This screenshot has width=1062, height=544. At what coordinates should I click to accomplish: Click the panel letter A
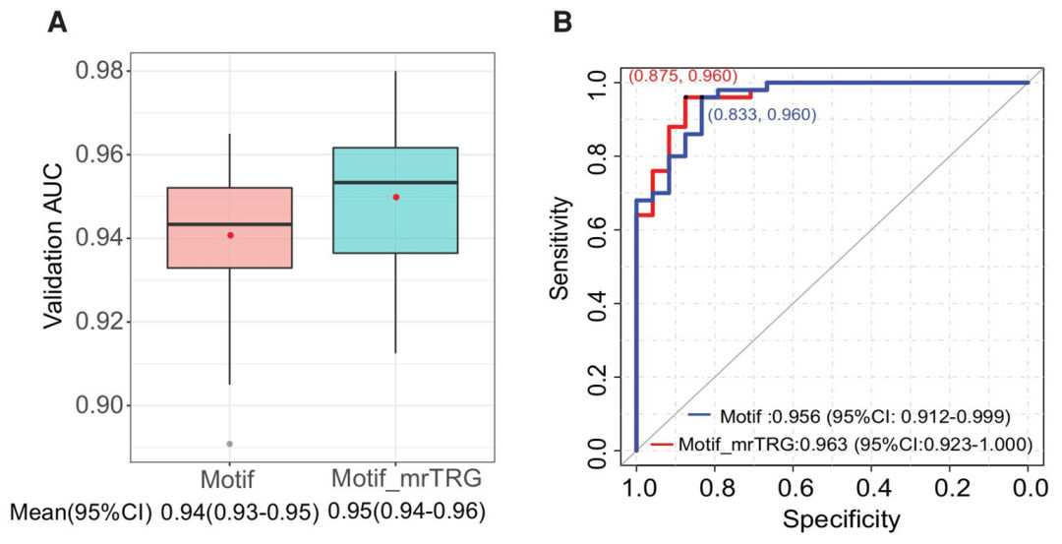(x=57, y=21)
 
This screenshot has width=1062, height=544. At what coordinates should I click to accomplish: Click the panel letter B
(x=562, y=21)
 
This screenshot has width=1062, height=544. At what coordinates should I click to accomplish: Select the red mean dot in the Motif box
(x=230, y=235)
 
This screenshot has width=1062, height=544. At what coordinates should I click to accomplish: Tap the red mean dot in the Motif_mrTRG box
(x=396, y=197)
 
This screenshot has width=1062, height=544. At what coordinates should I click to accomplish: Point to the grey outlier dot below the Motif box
(x=230, y=444)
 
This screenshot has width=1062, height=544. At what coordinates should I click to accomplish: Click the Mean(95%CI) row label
(x=81, y=513)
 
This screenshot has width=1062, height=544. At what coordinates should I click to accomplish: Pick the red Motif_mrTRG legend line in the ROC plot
(x=663, y=445)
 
